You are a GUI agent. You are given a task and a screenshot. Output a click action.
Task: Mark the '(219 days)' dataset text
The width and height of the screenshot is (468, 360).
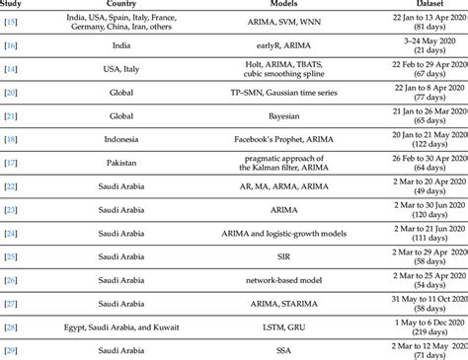(428, 334)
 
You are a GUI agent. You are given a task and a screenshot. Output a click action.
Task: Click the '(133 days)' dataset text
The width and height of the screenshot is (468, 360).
(428, 311)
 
